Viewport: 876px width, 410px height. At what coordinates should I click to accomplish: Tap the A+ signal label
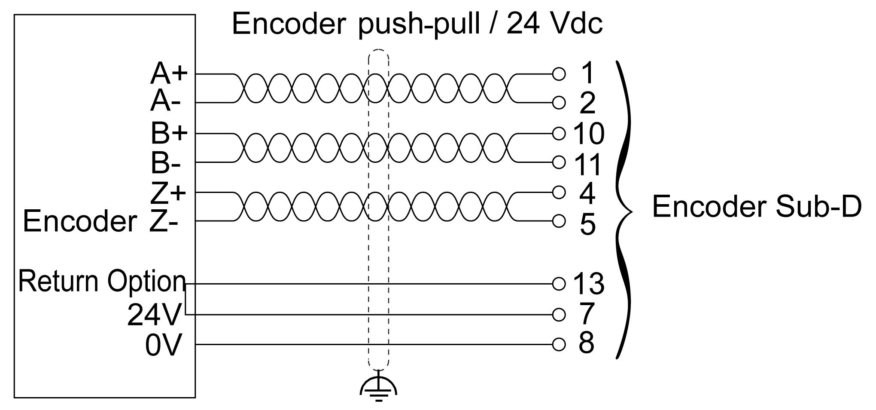pyautogui.click(x=169, y=73)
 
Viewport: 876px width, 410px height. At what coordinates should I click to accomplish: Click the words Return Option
pyautogui.click(x=102, y=282)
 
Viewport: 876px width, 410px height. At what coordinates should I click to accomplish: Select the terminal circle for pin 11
pyautogui.click(x=559, y=162)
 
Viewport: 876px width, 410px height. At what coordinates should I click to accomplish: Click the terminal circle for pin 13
pyautogui.click(x=559, y=284)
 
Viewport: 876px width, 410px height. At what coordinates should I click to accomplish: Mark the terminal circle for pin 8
pyautogui.click(x=559, y=344)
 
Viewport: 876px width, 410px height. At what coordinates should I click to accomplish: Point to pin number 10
pyautogui.click(x=589, y=133)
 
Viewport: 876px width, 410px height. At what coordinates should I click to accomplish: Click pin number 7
pyautogui.click(x=587, y=314)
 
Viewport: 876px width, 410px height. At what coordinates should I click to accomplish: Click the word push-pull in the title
pyautogui.click(x=419, y=24)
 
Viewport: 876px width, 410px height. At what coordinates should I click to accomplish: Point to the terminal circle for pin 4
pyautogui.click(x=559, y=192)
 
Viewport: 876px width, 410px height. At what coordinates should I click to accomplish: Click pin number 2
pyautogui.click(x=587, y=103)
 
